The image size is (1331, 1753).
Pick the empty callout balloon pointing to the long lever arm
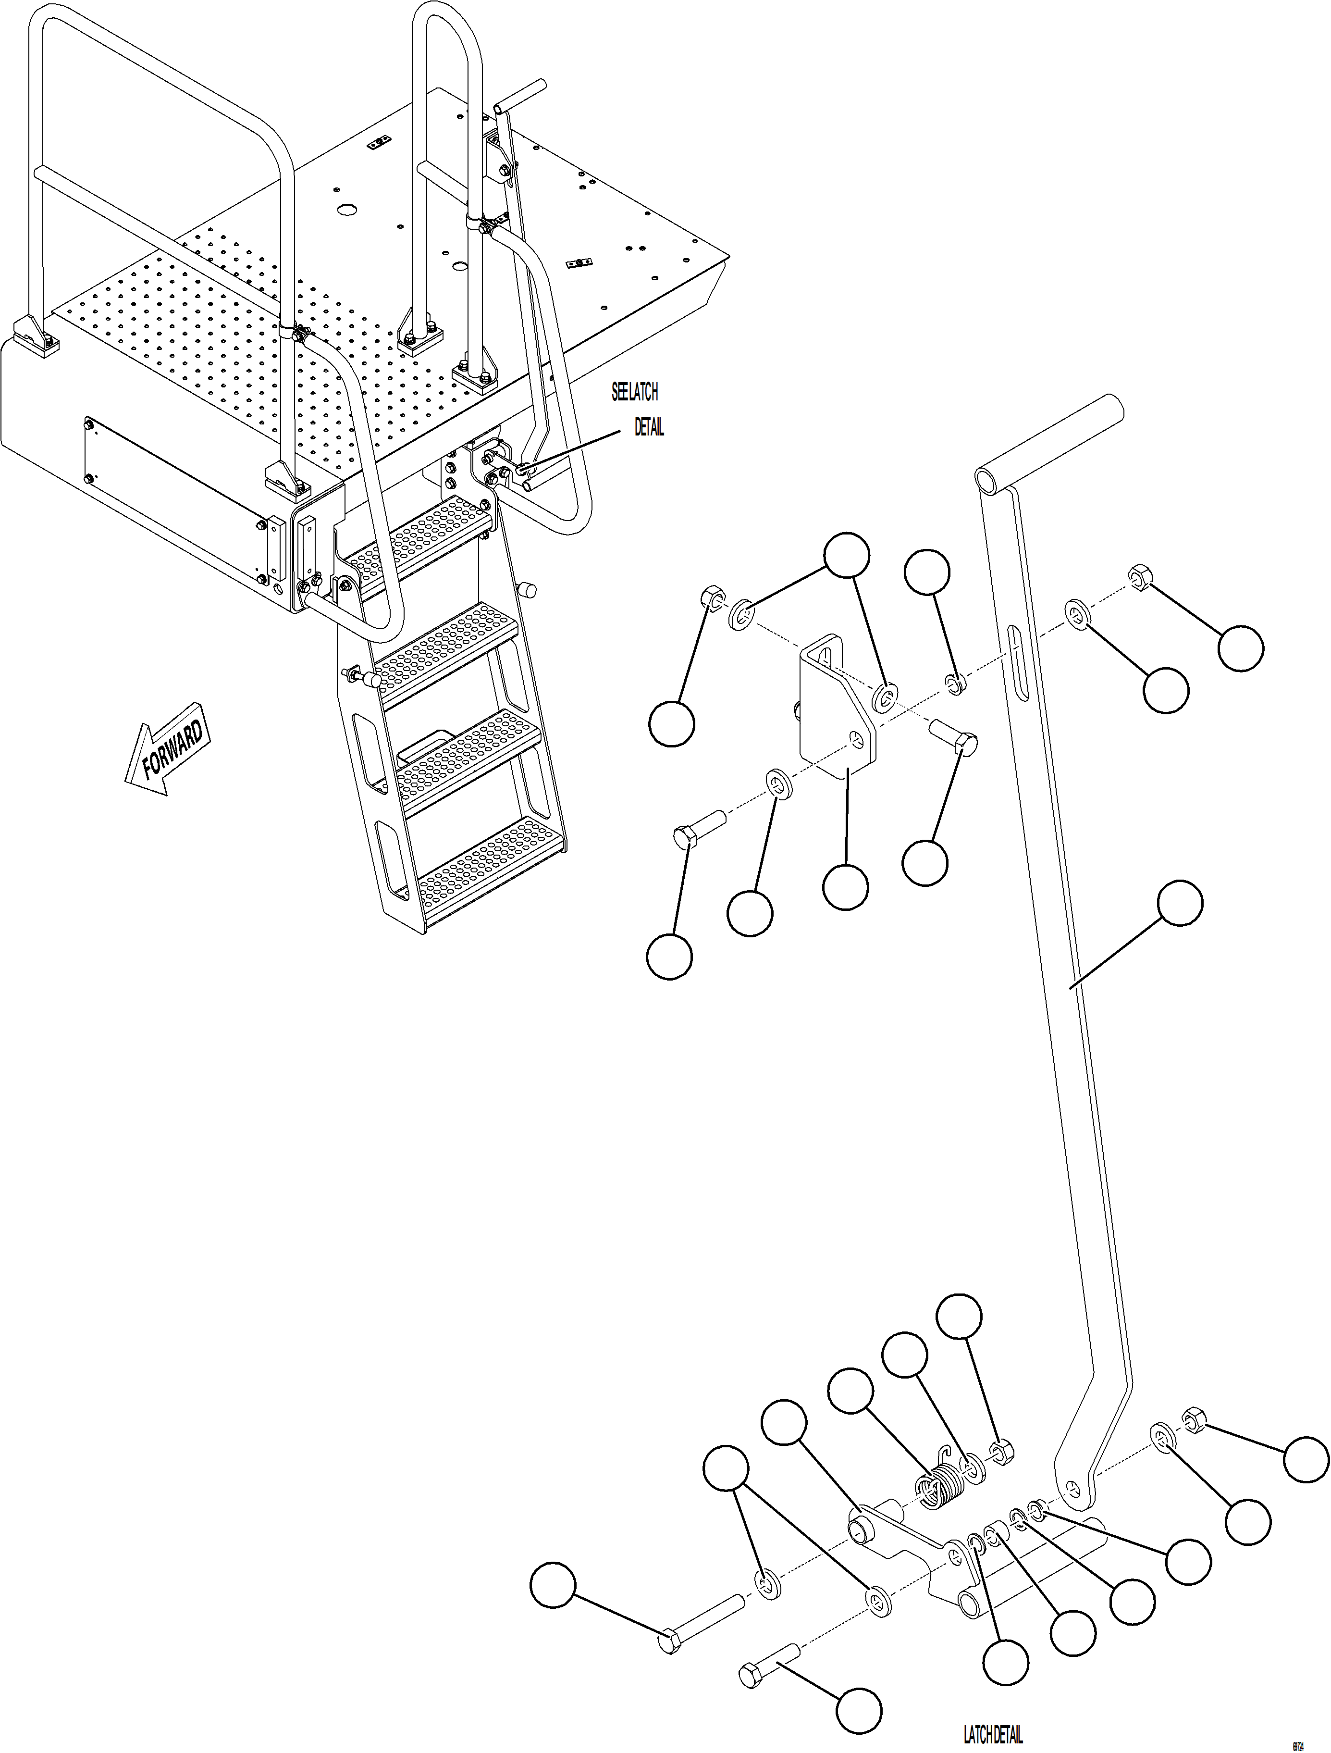pyautogui.click(x=1180, y=902)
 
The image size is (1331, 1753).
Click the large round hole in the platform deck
pyautogui.click(x=345, y=209)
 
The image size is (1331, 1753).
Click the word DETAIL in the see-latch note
pyautogui.click(x=648, y=427)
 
